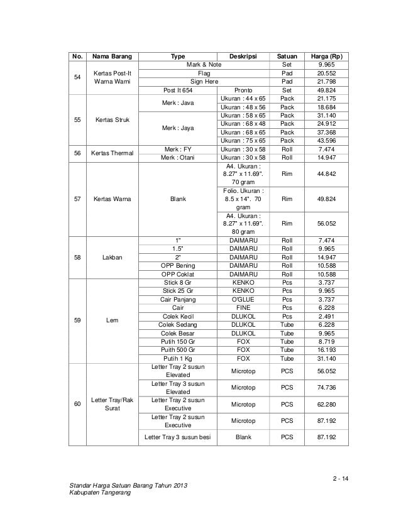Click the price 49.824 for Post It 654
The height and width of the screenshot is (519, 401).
(326, 90)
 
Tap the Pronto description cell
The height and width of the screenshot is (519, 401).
(243, 90)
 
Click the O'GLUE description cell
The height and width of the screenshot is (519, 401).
(243, 299)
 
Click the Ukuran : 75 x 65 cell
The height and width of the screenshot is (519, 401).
(243, 140)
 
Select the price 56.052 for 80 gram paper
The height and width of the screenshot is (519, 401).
(326, 221)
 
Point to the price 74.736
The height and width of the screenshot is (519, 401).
(326, 387)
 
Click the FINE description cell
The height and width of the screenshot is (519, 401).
(243, 308)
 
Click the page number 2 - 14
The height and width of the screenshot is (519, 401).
(343, 481)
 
